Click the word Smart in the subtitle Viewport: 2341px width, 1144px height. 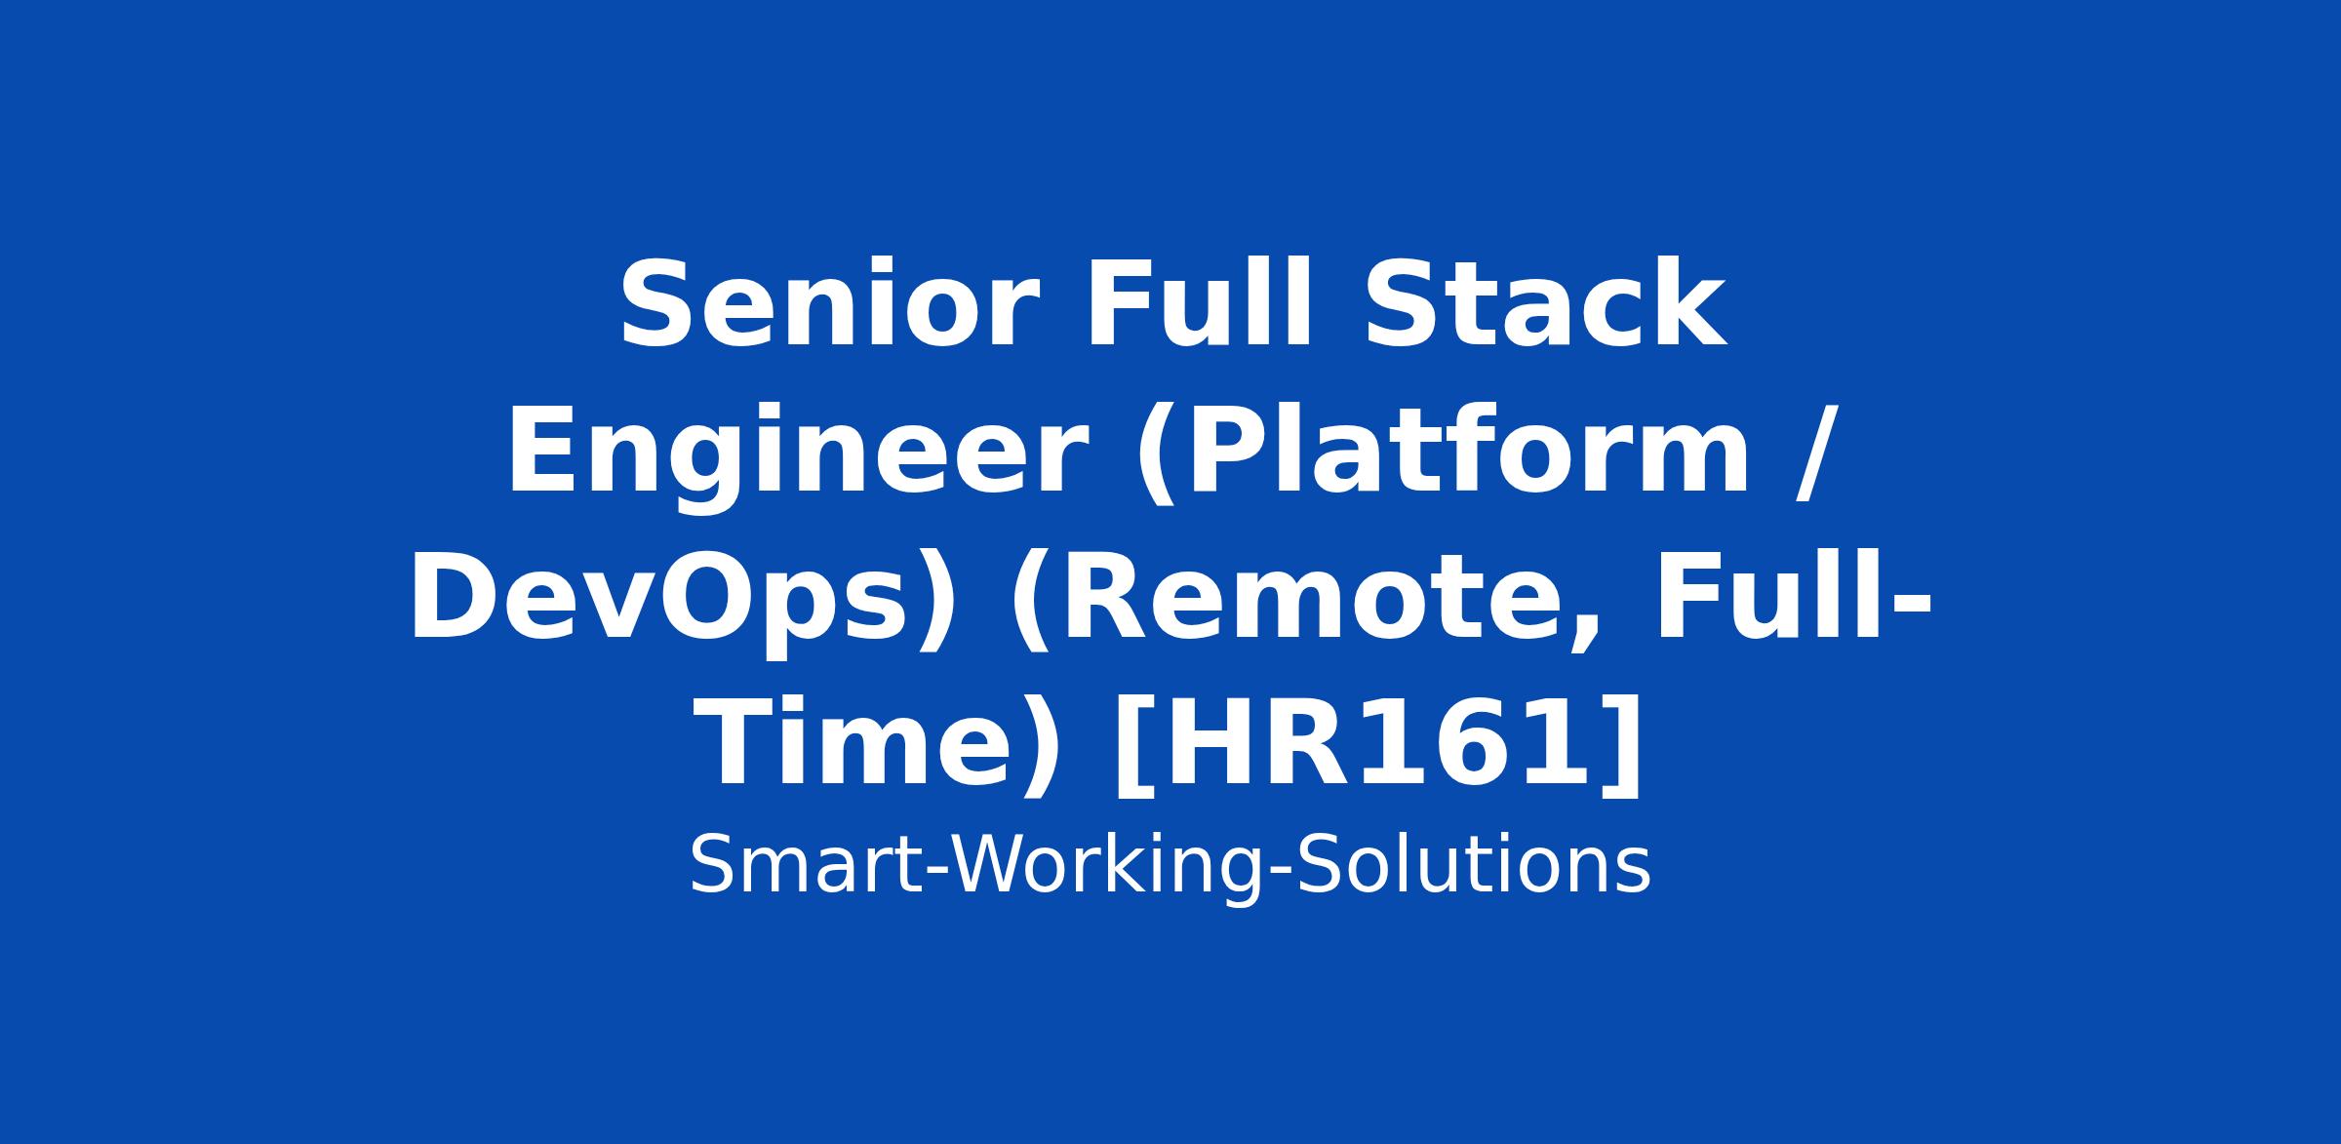804,865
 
